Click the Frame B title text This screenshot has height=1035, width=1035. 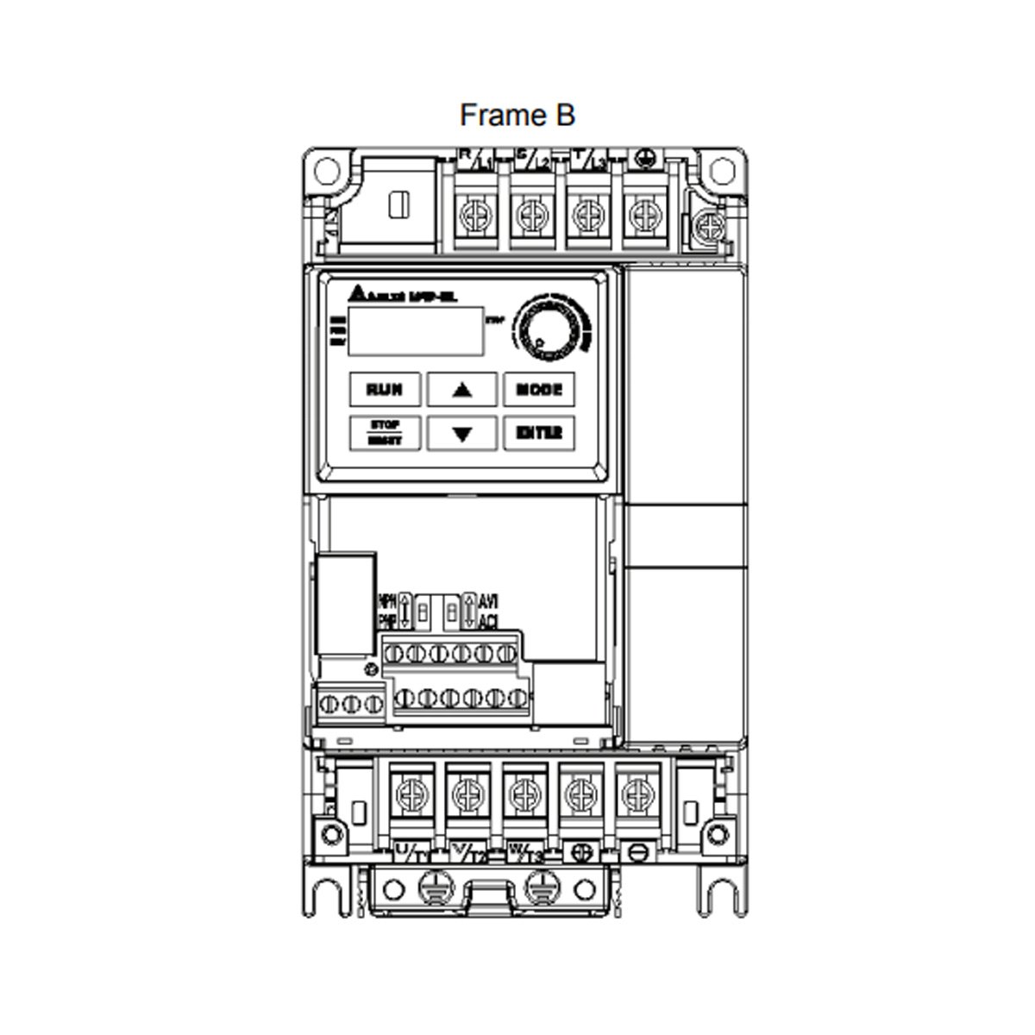click(517, 115)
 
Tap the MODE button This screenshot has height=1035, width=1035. click(538, 389)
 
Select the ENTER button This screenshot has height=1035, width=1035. click(538, 433)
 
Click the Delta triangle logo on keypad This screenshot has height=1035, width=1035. click(358, 293)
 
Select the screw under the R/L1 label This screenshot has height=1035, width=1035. click(472, 212)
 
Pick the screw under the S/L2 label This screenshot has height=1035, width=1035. click(528, 212)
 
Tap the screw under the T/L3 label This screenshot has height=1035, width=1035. click(585, 212)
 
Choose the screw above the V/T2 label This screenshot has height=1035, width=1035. click(466, 790)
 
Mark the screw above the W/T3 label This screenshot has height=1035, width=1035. click(523, 790)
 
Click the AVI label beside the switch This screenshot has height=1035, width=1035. click(487, 600)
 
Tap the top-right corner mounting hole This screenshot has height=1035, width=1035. click(721, 168)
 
